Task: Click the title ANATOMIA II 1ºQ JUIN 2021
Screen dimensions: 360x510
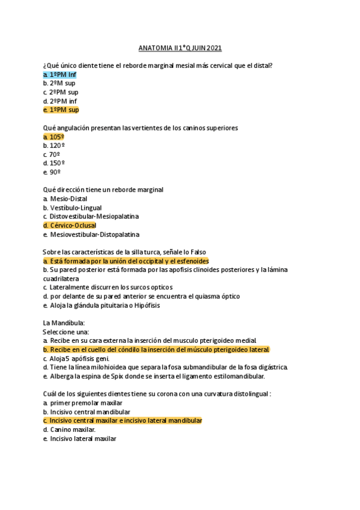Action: [180, 48]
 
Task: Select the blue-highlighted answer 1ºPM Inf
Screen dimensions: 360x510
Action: [60, 75]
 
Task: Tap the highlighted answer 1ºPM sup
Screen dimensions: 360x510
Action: [61, 110]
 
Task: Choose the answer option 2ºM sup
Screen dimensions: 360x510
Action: [59, 84]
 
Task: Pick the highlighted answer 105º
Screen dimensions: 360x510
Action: [54, 137]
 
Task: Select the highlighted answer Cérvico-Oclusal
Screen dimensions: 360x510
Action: [70, 226]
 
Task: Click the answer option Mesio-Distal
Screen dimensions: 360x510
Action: [68, 198]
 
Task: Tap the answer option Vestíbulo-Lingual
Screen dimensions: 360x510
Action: [75, 207]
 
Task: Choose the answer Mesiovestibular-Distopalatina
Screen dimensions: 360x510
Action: [94, 235]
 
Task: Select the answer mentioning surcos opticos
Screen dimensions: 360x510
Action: [108, 287]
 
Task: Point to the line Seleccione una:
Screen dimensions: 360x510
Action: [66, 332]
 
